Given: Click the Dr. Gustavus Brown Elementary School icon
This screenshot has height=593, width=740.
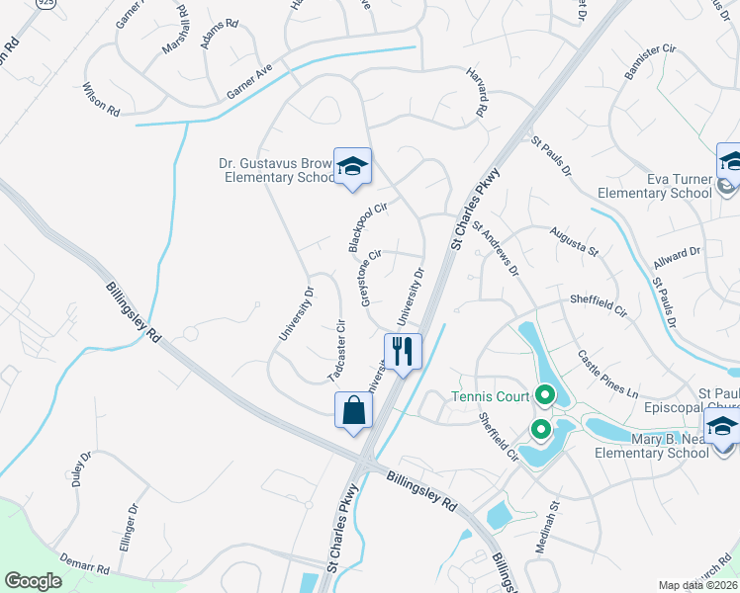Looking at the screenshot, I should point(352,167).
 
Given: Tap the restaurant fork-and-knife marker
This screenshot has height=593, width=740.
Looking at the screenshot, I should point(403,352).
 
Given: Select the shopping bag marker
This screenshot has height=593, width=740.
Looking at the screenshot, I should point(354,410).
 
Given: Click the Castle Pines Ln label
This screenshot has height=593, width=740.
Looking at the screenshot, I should point(607,373).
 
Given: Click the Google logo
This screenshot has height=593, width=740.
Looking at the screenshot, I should point(33,581).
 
